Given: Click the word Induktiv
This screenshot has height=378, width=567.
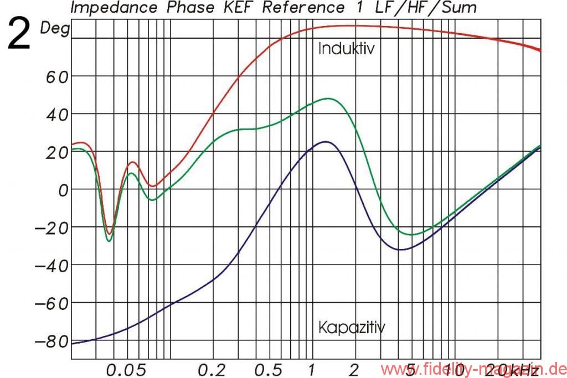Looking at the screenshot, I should (347, 49).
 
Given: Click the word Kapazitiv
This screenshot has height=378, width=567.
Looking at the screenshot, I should (352, 327).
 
